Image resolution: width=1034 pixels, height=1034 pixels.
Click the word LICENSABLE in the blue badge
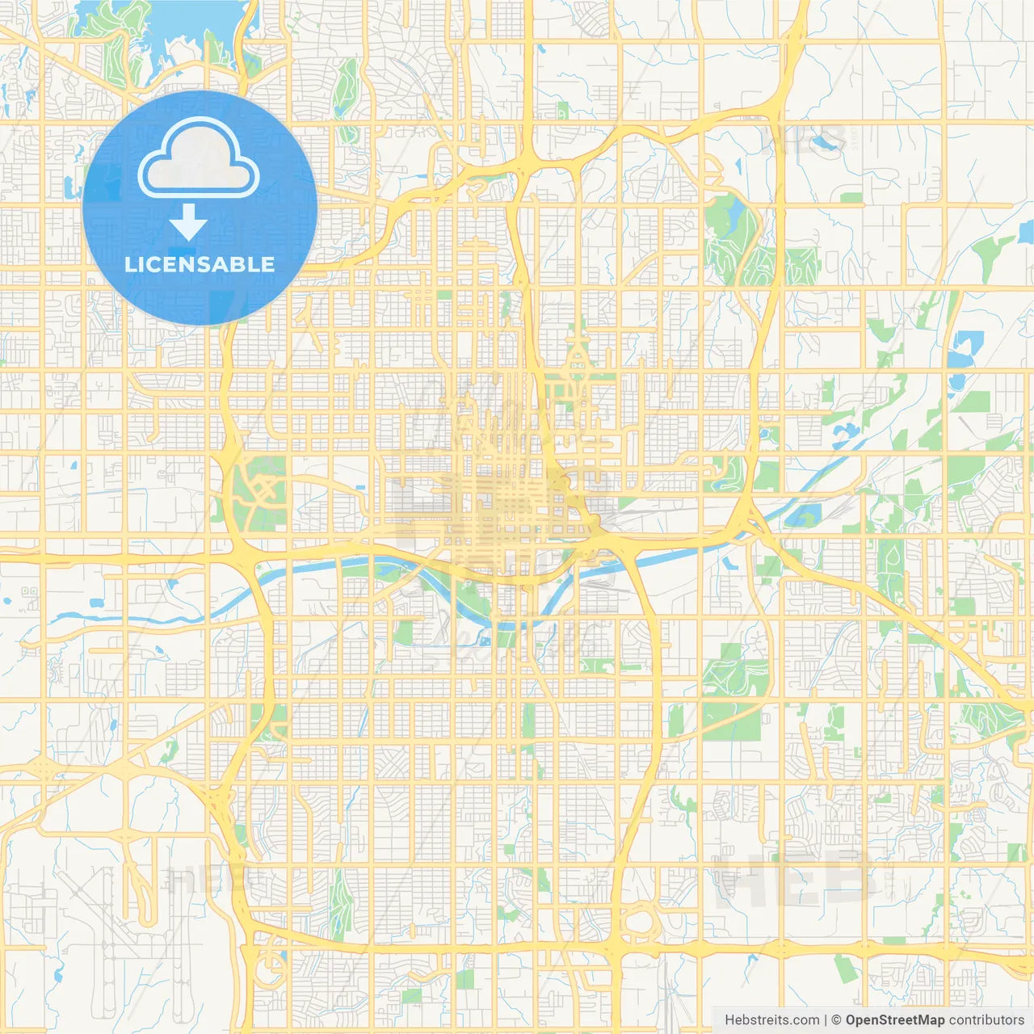(200, 264)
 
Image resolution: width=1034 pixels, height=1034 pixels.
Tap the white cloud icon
(198, 158)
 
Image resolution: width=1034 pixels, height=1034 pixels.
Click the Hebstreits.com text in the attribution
(771, 1020)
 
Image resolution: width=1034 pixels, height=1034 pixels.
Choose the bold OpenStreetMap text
(894, 1020)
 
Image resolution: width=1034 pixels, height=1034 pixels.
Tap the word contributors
(986, 1020)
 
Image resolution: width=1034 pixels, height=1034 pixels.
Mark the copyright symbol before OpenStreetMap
(836, 1020)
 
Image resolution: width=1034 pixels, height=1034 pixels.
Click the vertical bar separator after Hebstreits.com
(826, 1020)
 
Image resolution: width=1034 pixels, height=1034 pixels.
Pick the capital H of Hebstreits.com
(729, 1020)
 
